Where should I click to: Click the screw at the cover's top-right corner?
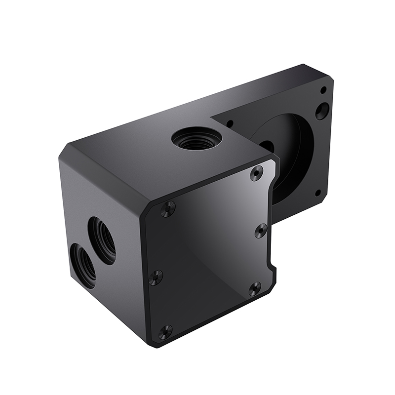pos(256,173)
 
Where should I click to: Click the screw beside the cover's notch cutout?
pos(254,288)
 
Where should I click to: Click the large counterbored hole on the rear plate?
pos(322,110)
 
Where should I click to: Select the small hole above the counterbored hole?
pos(323,90)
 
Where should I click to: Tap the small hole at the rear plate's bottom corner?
pos(318,193)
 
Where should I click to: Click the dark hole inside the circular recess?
pos(267,147)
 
